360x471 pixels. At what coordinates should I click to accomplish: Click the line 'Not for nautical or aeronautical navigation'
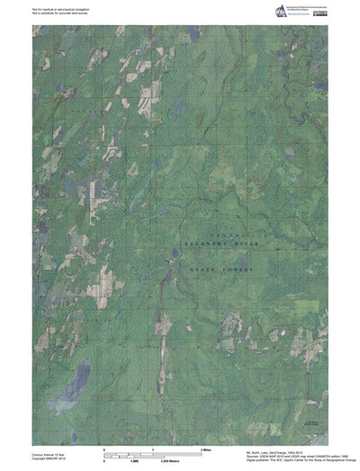click(60, 7)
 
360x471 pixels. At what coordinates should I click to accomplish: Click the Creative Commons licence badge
click(320, 14)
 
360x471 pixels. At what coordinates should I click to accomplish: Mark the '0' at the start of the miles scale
click(105, 448)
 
